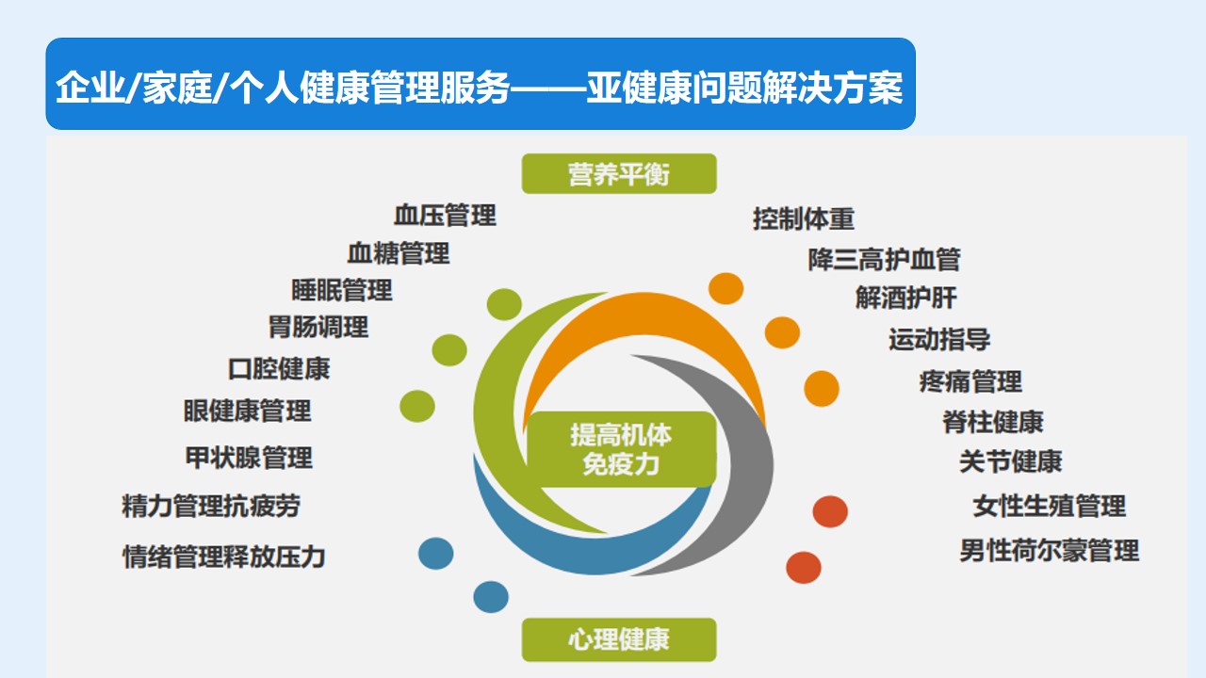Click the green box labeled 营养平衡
[x=619, y=174]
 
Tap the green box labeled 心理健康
[x=619, y=639]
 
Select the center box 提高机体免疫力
[x=621, y=449]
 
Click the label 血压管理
[x=445, y=216]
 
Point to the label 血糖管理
[x=399, y=253]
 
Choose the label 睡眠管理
[x=342, y=291]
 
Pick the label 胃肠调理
[x=318, y=327]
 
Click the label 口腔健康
[x=279, y=369]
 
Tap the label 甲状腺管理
[x=249, y=458]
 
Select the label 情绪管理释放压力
[x=224, y=557]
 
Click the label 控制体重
[x=804, y=219]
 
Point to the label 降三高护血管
[x=884, y=259]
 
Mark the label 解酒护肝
[x=906, y=298]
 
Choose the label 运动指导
[x=939, y=340]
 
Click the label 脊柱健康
[x=993, y=422]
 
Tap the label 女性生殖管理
[x=1050, y=507]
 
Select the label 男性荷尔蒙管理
[x=1050, y=551]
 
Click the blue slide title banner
[x=481, y=84]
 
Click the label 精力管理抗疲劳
[x=211, y=507]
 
